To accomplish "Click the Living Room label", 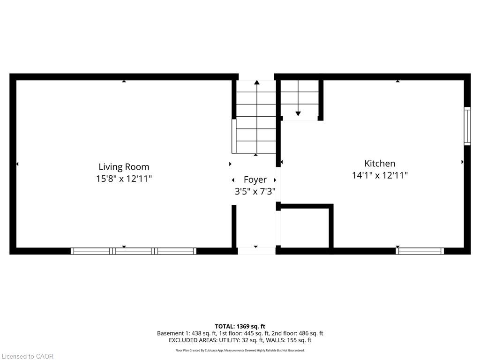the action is (x=124, y=167).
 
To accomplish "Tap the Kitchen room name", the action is (x=380, y=163).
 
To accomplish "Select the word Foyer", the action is (x=255, y=180).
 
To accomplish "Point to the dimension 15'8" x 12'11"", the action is (x=124, y=179).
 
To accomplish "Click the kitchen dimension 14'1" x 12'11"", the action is (x=380, y=175).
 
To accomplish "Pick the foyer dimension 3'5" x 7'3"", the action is (x=255, y=191).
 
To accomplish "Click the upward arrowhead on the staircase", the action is (x=256, y=82).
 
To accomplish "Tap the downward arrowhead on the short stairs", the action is (x=298, y=113).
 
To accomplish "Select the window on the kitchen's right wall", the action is (x=467, y=126).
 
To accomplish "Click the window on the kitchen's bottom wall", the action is (x=420, y=251).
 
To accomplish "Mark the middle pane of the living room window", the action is (x=134, y=251).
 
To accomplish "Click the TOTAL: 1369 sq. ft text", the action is (x=240, y=326).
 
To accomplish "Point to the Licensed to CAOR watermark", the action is (x=27, y=356).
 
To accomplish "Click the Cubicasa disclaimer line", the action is (x=240, y=351).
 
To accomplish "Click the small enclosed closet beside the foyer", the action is (x=305, y=228).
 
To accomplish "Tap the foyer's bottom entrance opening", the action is (x=256, y=251).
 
